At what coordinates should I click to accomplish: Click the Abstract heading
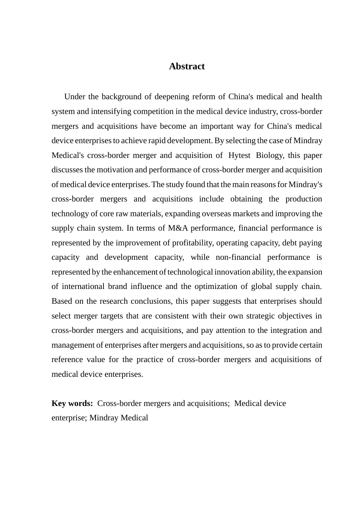[186, 66]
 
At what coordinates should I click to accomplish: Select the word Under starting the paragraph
[75, 97]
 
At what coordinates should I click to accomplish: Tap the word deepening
[172, 97]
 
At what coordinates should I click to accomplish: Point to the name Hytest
[239, 155]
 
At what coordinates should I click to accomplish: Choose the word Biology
[269, 155]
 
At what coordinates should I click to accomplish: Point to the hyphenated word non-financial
[238, 257]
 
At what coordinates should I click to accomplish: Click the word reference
[67, 359]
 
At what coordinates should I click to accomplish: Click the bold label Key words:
[72, 403]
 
